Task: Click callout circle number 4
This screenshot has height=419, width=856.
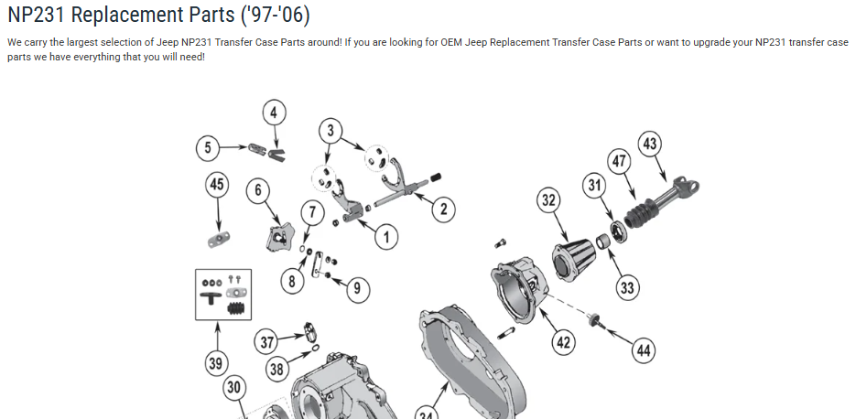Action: (x=273, y=113)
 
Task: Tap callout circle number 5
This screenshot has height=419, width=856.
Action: (x=209, y=146)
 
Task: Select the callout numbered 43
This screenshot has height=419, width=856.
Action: (x=650, y=144)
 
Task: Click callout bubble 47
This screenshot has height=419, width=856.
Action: (x=620, y=162)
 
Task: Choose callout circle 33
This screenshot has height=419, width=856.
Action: (x=626, y=288)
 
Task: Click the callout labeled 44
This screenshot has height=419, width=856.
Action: (x=644, y=349)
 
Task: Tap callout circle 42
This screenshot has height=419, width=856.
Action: (x=563, y=342)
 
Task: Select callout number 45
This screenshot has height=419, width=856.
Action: (x=217, y=186)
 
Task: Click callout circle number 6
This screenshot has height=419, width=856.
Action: (x=259, y=190)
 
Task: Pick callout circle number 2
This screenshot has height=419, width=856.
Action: (x=443, y=209)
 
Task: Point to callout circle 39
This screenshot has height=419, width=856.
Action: (x=215, y=364)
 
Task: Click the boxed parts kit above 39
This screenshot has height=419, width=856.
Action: (x=223, y=294)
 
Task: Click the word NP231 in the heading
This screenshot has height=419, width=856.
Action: (x=42, y=16)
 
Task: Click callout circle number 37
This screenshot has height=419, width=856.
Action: (x=266, y=343)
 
